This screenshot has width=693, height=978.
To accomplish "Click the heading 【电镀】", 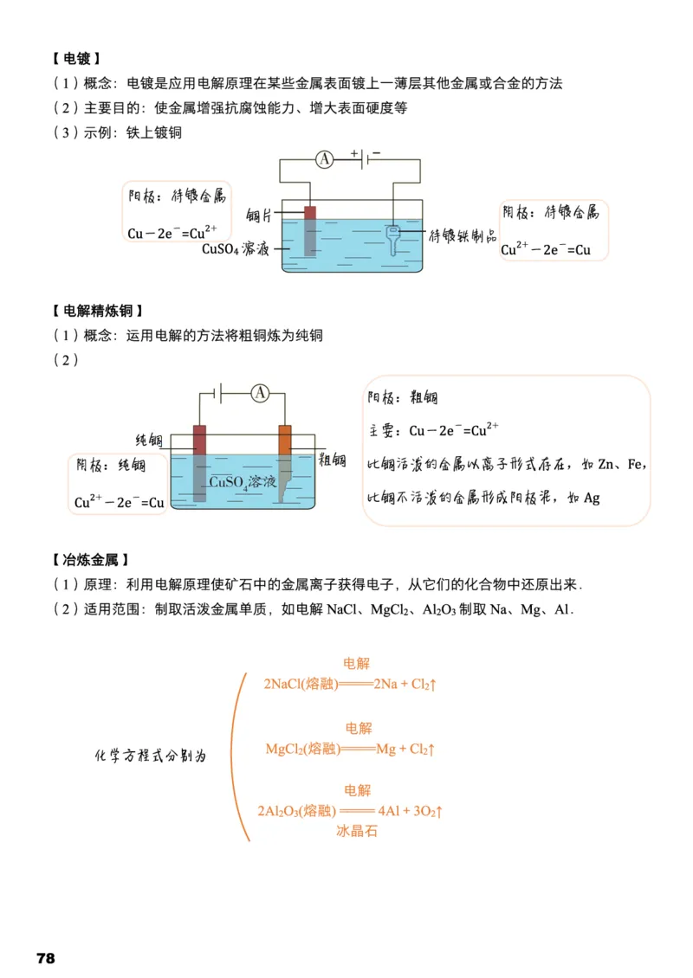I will [76, 59].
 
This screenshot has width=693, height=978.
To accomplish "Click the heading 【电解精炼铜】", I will [98, 311].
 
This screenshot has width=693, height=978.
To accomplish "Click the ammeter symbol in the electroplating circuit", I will [323, 159].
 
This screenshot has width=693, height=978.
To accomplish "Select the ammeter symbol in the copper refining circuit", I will [261, 394].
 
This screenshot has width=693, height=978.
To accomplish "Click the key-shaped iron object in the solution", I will [393, 238].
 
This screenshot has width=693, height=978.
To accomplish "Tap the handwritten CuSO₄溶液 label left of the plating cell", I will [236, 249].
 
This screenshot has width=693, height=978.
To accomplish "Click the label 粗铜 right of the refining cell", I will [333, 459].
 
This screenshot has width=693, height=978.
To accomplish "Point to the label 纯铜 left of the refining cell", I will [149, 440].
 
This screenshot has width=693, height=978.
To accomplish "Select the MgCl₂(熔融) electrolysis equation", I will [349, 749].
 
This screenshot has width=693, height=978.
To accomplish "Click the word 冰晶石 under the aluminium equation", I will [357, 831].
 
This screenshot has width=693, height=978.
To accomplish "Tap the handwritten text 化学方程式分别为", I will [151, 755].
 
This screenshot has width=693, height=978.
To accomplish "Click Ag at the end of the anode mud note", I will [592, 498].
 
